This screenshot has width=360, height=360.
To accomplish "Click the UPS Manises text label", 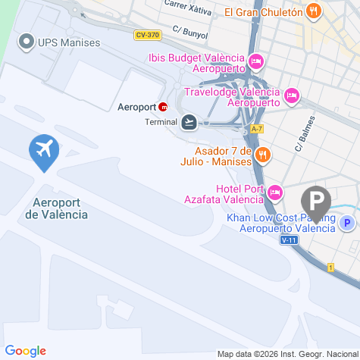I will tap(69, 42).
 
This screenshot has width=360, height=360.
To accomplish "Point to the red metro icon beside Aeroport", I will tap(164, 107).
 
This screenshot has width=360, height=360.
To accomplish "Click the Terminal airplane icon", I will tap(189, 121).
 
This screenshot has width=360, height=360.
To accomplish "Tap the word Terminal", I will tap(160, 121).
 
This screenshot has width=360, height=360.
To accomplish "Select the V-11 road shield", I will tap(288, 240).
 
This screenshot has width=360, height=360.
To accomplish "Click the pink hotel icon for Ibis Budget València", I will tap(256, 60).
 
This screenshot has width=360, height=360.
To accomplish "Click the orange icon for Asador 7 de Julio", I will tap(262, 155).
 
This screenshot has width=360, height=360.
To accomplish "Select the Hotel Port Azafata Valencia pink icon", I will tap(275, 193).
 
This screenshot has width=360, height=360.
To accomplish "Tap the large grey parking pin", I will tap(316, 202).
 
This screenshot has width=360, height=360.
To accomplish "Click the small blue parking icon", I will tap(347, 223).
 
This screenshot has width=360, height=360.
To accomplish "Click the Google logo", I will tap(25, 350).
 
